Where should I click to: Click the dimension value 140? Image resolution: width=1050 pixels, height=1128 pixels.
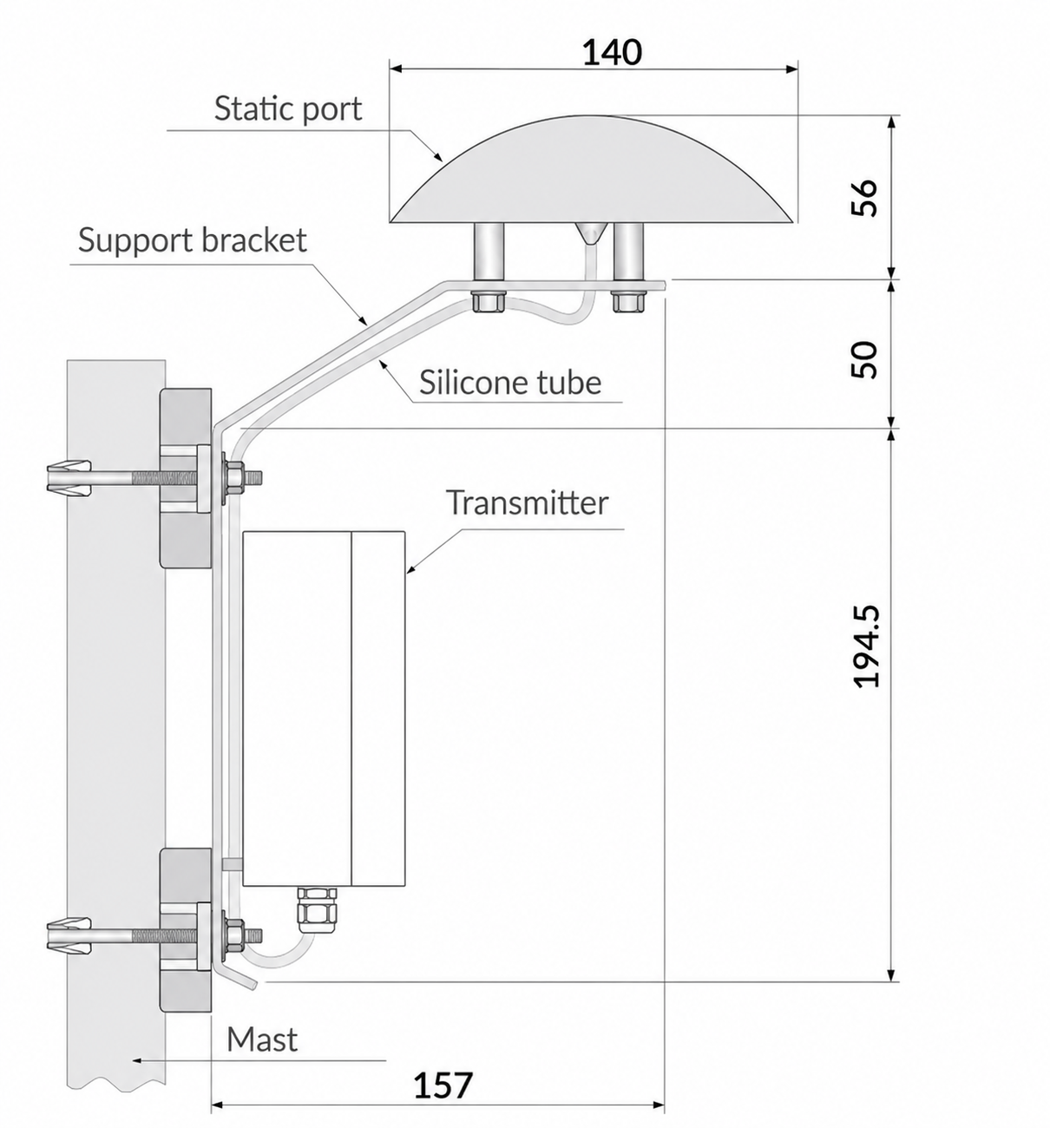coord(613,52)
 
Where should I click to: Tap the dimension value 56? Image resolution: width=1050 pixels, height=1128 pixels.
coord(865,197)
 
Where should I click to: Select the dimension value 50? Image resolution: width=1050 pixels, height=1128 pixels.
coord(865,359)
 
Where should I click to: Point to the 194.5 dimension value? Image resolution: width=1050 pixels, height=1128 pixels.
coord(866,646)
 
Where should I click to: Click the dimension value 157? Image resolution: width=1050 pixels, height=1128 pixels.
coord(443,1085)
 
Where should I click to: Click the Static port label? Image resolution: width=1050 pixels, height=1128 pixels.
coord(288,108)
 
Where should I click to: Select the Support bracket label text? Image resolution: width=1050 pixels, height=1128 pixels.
coord(193,240)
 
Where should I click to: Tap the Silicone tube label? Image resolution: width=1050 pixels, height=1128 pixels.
coord(510,383)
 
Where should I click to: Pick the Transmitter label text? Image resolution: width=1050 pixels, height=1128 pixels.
coord(528,502)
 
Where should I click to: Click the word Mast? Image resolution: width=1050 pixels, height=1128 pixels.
coord(262,1039)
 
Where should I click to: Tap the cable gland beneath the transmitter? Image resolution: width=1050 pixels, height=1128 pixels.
coord(317,912)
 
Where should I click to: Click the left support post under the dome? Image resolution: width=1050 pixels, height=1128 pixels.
coord(489,251)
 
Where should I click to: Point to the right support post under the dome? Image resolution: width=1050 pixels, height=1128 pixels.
coord(628,251)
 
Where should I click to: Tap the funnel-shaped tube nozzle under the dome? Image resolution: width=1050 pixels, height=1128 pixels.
coord(591,233)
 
